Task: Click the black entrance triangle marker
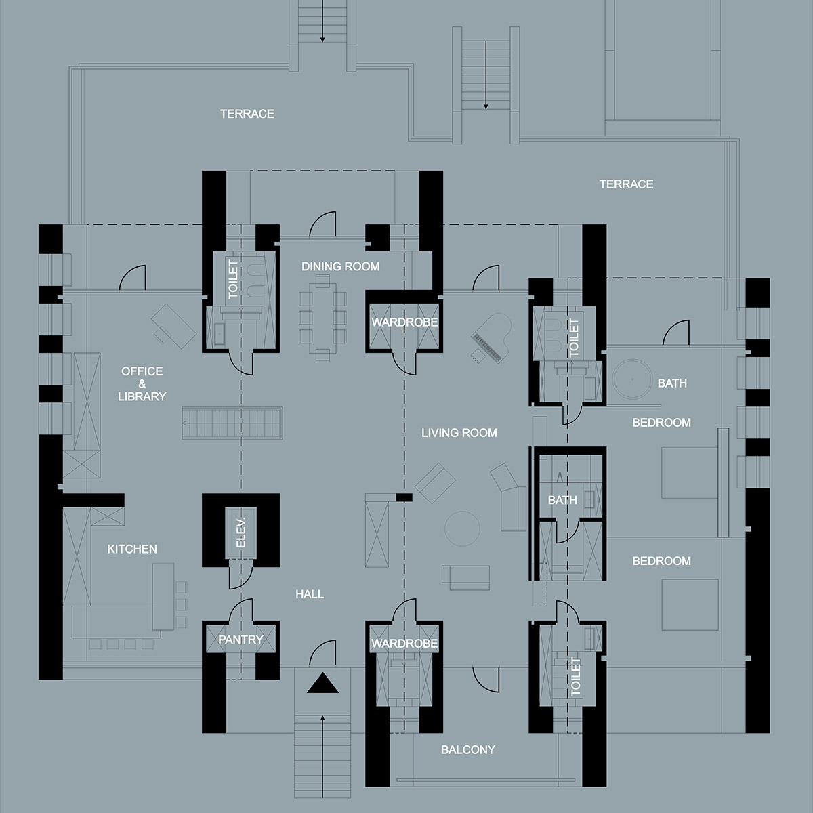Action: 322,684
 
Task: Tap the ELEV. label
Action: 241,533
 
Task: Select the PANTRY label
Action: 241,640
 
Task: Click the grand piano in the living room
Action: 491,338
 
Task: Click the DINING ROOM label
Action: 341,266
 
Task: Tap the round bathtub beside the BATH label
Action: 632,379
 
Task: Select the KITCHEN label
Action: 132,549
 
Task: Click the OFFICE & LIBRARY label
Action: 142,383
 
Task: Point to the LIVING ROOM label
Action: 459,432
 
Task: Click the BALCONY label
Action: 468,750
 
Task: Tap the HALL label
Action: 310,594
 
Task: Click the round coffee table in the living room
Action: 462,528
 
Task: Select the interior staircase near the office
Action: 232,423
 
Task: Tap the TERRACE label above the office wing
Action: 247,114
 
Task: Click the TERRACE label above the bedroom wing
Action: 626,184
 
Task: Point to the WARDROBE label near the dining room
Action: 404,322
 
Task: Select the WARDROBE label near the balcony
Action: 404,644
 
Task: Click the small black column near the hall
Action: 404,497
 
